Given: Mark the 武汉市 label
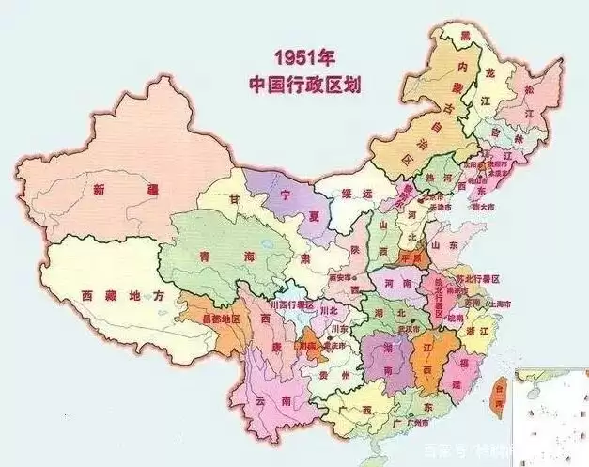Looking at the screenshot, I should (408, 329).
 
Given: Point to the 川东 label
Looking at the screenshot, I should (340, 329).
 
